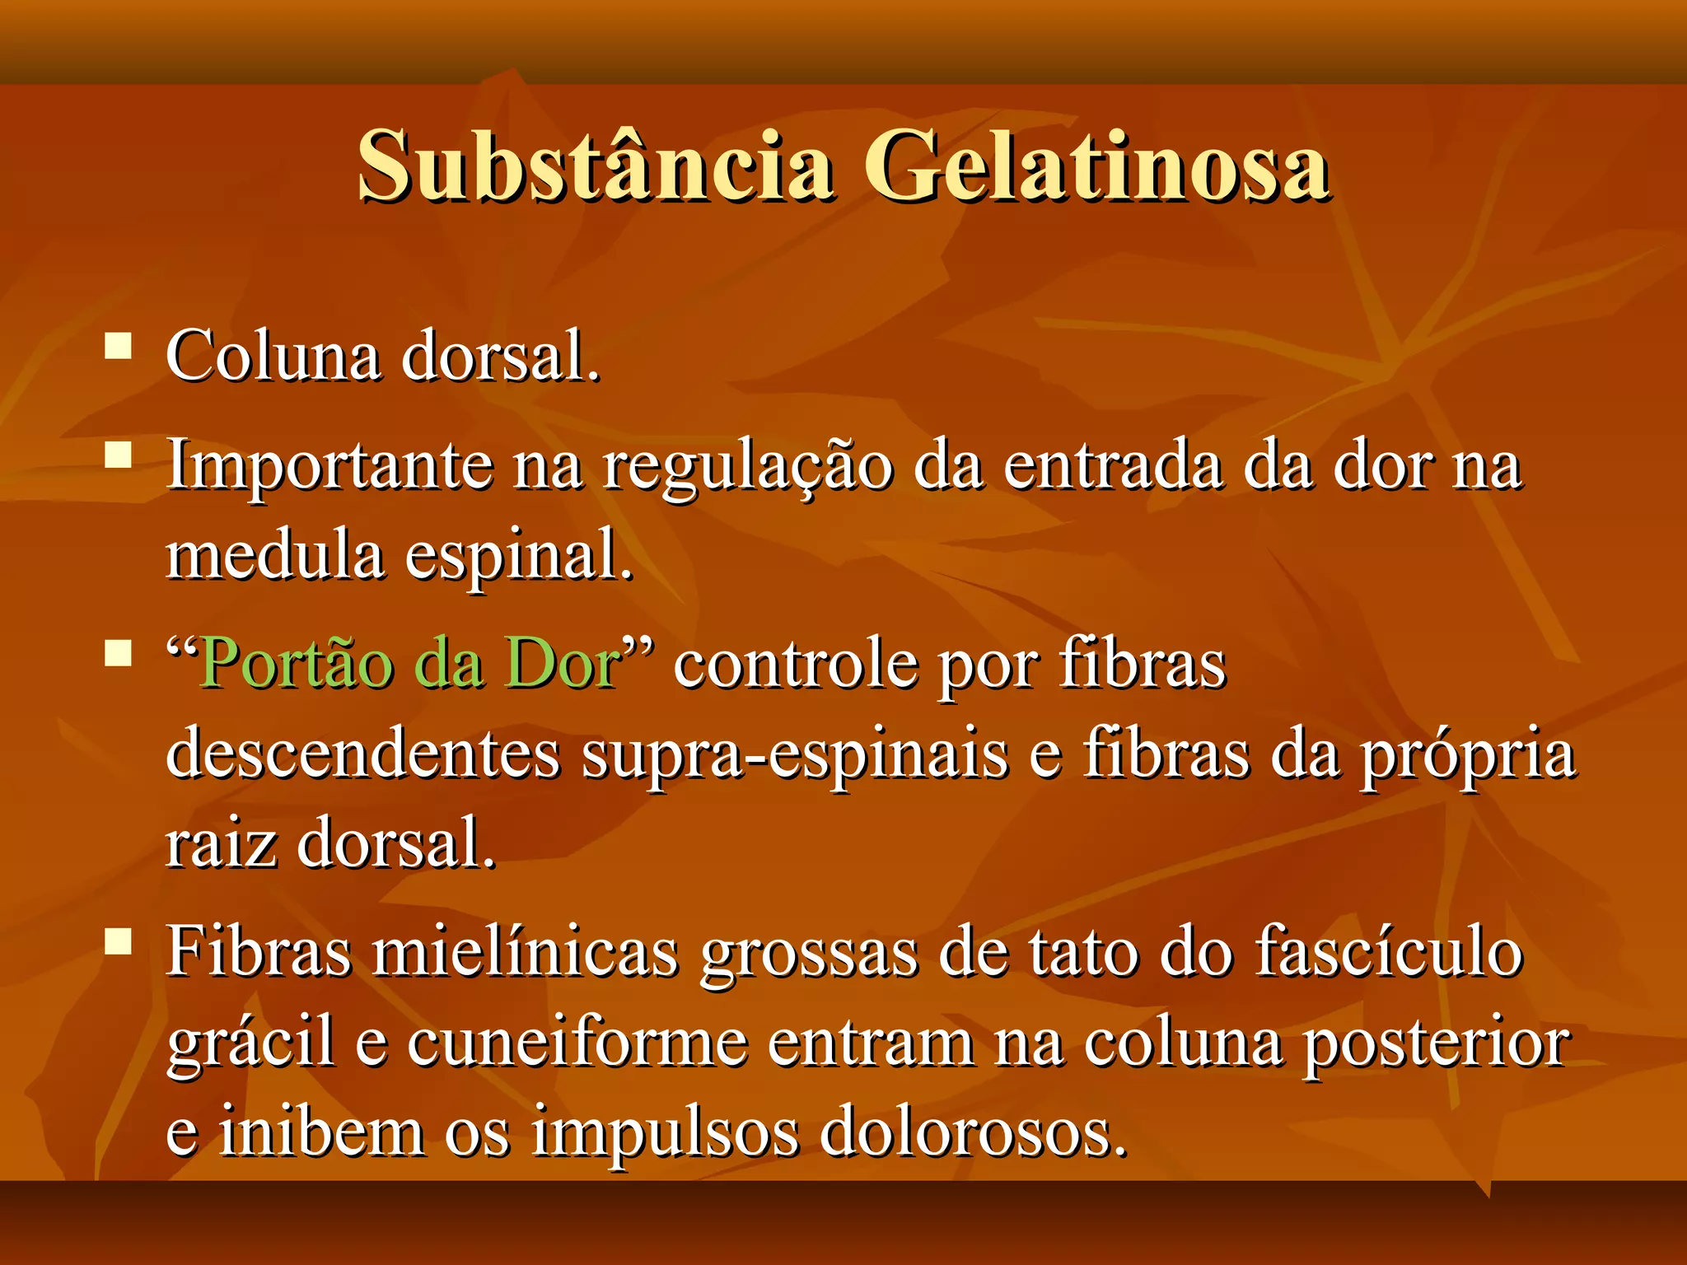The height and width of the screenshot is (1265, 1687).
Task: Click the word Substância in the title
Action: click(595, 167)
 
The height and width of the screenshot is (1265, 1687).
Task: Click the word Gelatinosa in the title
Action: click(1096, 167)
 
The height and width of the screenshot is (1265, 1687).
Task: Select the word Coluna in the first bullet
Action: click(273, 357)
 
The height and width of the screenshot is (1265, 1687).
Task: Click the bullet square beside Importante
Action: click(119, 455)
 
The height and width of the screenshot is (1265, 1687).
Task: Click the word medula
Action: click(275, 554)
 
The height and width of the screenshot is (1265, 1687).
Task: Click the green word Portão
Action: click(297, 664)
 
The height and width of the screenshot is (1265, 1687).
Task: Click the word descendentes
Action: click(363, 754)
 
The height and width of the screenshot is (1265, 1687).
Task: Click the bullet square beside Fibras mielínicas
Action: click(119, 941)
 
